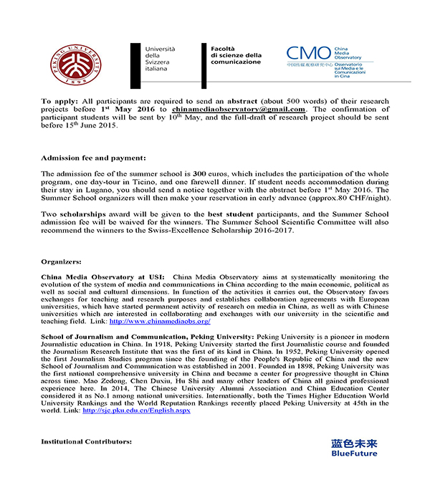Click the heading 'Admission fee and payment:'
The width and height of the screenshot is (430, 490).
93,157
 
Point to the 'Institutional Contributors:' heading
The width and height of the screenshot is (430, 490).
86,441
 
